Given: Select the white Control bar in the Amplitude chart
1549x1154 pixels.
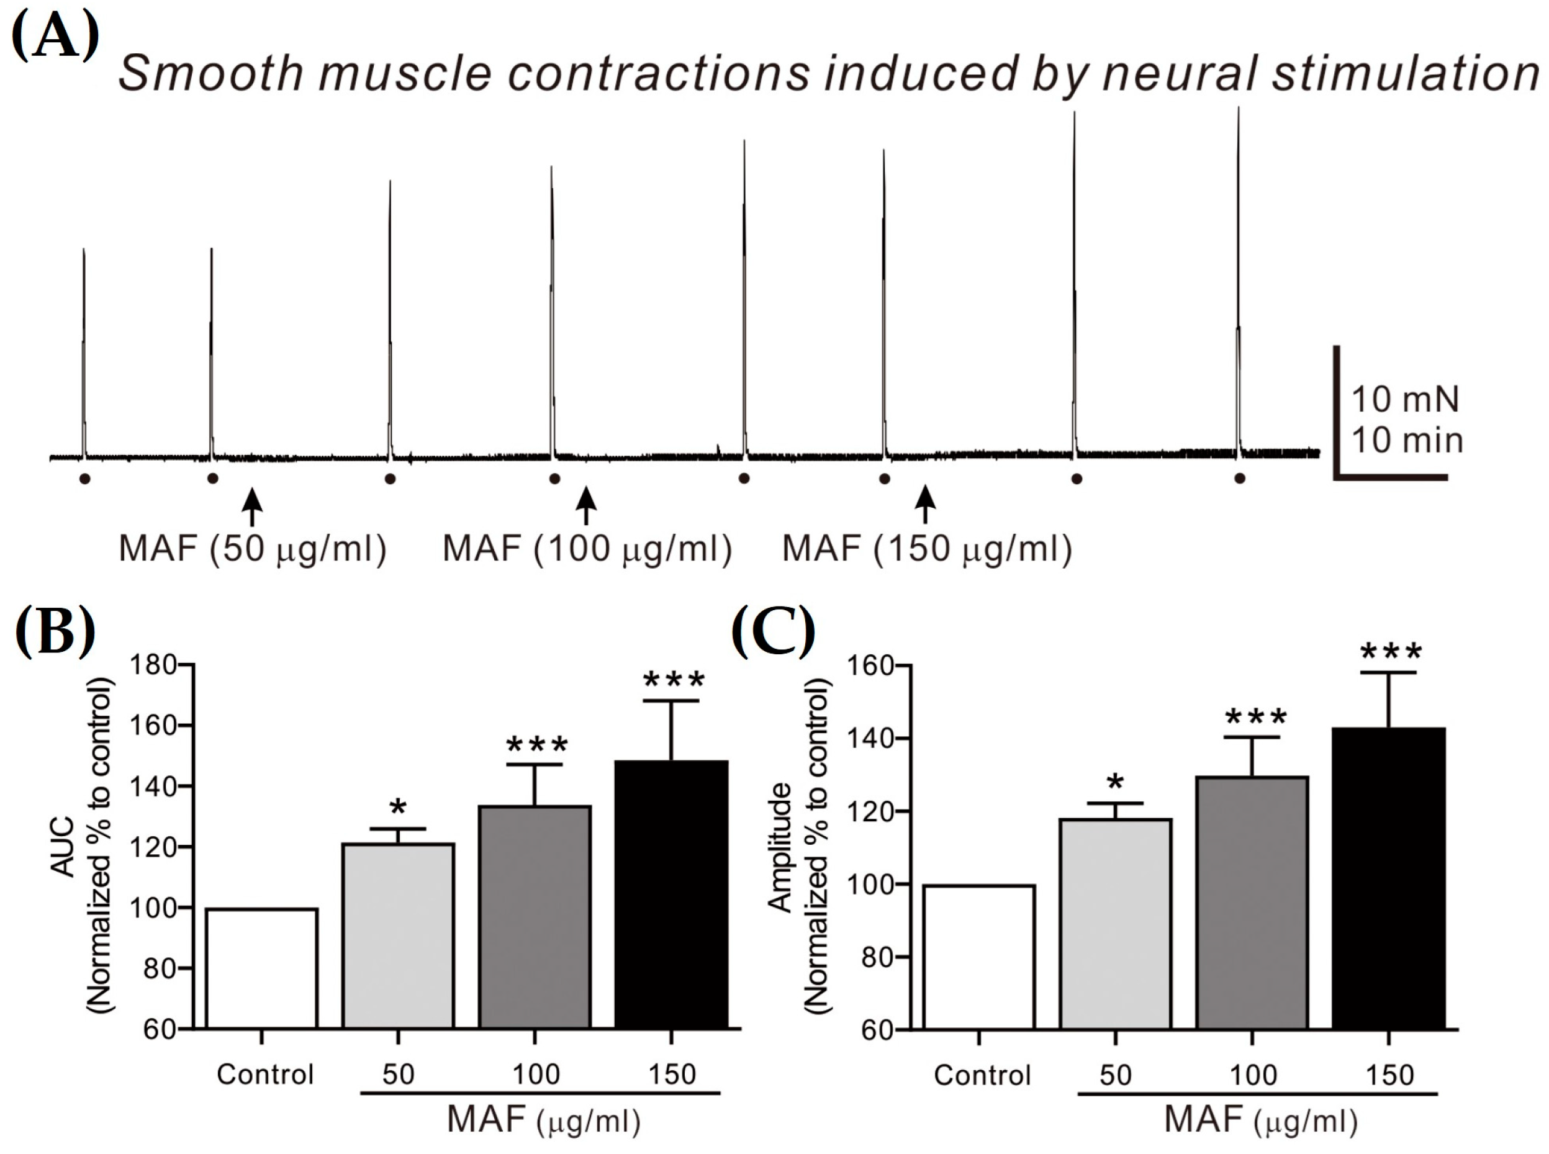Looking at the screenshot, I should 978,957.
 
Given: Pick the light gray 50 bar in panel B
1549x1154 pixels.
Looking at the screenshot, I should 397,936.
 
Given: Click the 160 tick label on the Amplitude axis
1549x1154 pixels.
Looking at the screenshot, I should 869,667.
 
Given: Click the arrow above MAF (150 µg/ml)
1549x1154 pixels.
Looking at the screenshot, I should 926,504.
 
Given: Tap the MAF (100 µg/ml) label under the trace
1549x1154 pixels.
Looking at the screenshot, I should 587,549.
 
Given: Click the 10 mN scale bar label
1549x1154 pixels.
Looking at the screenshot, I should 1405,400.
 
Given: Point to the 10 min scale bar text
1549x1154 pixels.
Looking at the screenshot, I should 1406,441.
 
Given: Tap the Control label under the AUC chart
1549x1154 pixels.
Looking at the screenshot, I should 265,1075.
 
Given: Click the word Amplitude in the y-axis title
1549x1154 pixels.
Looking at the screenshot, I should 780,847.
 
